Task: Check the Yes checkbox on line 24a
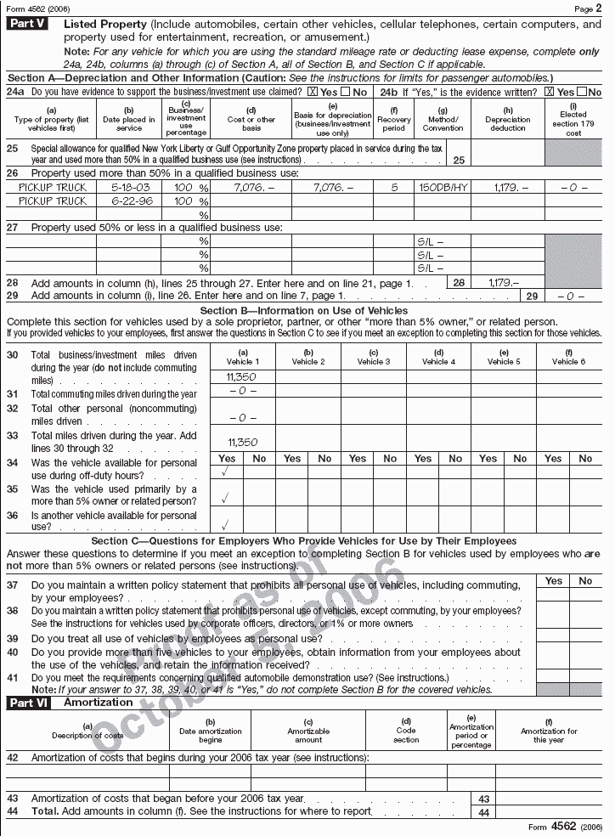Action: pyautogui.click(x=313, y=92)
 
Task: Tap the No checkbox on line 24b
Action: pyautogui.click(x=581, y=92)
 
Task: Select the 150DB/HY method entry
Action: pyautogui.click(x=443, y=186)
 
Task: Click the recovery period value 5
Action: pyautogui.click(x=394, y=186)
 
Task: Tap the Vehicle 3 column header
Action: pyautogui.click(x=374, y=357)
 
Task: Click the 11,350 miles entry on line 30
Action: pyautogui.click(x=242, y=375)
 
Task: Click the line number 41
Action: pyautogui.click(x=13, y=678)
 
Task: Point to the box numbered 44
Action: pyautogui.click(x=484, y=812)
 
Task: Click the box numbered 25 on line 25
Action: pyautogui.click(x=459, y=159)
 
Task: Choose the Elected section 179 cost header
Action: pyautogui.click(x=573, y=120)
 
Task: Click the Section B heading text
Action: pyautogui.click(x=307, y=311)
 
